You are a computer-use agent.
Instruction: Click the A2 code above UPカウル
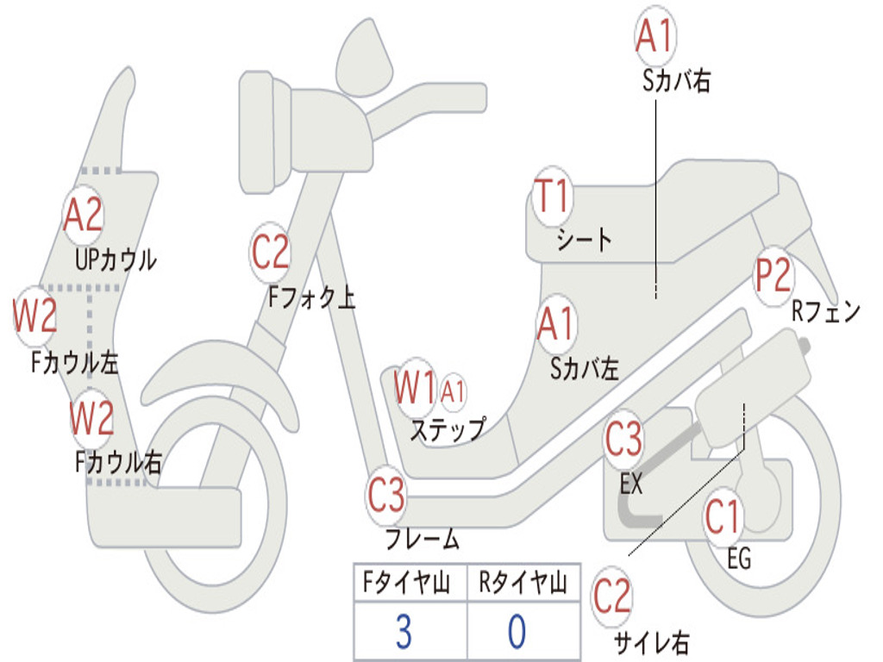coord(83,215)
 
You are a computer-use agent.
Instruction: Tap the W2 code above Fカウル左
coord(34,315)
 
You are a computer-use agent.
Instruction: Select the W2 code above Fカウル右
coord(91,418)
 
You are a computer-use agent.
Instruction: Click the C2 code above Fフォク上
coord(270,253)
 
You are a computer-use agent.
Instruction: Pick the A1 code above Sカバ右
coord(655,36)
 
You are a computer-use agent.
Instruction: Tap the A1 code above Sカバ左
coord(556,324)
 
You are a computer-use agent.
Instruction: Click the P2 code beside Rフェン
coord(773,275)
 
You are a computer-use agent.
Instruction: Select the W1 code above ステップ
coord(415,387)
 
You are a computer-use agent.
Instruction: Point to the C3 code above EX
coord(623,439)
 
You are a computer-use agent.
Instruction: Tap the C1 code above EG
coord(722,517)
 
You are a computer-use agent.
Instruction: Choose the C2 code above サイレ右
coord(611,596)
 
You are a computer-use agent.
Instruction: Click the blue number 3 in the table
coord(404,632)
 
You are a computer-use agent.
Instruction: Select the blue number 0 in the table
coord(517,632)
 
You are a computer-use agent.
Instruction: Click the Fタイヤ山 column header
coord(407,582)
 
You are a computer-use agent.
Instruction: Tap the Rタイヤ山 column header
coord(523,582)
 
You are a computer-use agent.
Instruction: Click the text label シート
coord(584,240)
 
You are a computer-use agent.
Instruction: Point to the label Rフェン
coord(826,311)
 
